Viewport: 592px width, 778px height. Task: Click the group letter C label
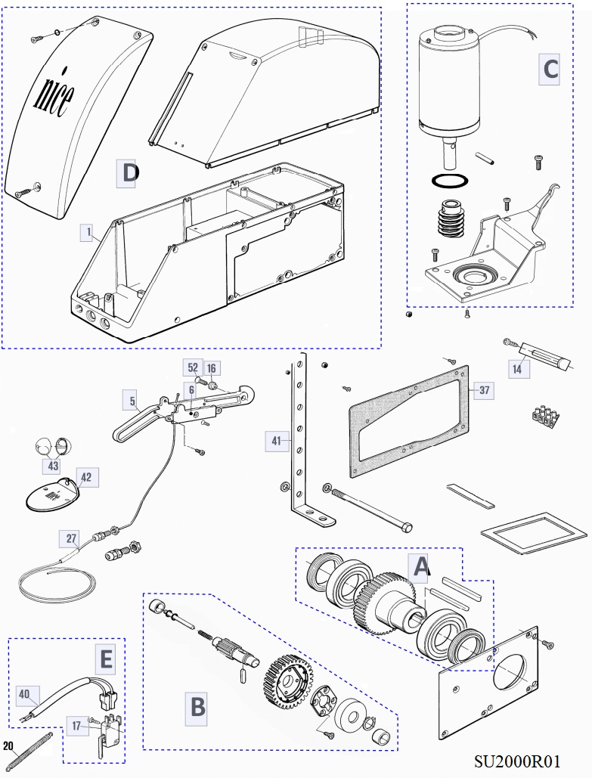coord(550,69)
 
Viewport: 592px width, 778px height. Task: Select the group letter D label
coord(129,173)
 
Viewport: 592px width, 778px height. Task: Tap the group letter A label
coord(420,564)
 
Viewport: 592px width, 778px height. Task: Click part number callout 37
coord(485,390)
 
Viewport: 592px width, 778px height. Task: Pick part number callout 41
coord(276,439)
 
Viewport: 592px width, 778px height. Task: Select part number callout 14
coord(517,369)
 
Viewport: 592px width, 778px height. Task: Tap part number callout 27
coord(71,539)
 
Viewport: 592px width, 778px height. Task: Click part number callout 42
coord(85,477)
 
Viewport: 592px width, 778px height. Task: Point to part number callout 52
coord(193,367)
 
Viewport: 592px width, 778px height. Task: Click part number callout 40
coord(24,693)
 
